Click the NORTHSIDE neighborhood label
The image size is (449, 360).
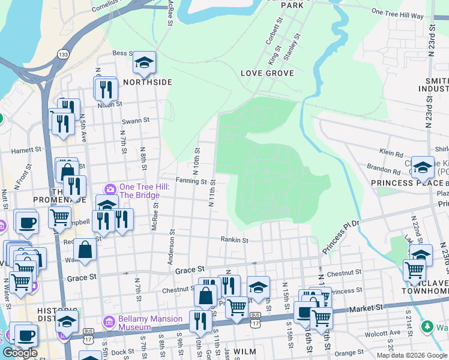(x=148, y=82)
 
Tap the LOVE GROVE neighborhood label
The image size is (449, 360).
(x=267, y=73)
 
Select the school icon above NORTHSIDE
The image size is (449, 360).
(x=144, y=62)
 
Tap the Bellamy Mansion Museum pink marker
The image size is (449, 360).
(x=109, y=320)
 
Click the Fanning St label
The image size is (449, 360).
(x=191, y=180)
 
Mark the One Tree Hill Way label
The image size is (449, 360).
(x=397, y=14)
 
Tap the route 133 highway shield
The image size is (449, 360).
(x=63, y=55)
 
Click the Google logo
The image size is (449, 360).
(x=20, y=353)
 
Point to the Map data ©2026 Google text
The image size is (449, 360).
(x=411, y=355)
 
